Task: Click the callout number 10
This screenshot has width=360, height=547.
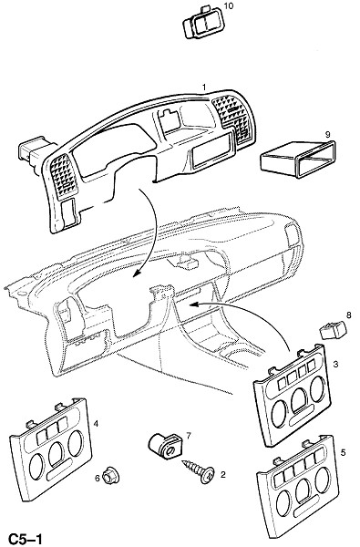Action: pos(229,6)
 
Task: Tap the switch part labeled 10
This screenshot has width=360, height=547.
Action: pos(202,22)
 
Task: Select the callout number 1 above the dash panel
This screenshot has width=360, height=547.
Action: pos(204,87)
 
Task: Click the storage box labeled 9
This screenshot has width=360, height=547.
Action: pos(297,160)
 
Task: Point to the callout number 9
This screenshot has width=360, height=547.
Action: pos(327,134)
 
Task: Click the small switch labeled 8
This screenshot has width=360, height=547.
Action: pos(334,330)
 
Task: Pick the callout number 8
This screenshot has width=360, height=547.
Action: pos(348,315)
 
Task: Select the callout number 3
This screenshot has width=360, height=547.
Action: pos(335,365)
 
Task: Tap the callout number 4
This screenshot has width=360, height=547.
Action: pos(96,424)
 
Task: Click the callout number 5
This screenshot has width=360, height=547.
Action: pos(343,453)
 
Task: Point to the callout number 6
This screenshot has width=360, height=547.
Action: pos(98,478)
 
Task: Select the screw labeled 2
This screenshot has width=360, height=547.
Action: pos(199,470)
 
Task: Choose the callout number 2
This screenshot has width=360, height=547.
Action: pos(223,474)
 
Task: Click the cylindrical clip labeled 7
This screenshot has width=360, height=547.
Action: pos(165,446)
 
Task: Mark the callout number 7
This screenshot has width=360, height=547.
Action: pos(189,436)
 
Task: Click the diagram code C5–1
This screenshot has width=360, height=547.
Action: pos(26,539)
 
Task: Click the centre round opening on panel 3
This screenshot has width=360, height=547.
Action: pos(299,400)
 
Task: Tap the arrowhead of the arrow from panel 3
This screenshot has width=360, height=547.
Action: pos(193,304)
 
